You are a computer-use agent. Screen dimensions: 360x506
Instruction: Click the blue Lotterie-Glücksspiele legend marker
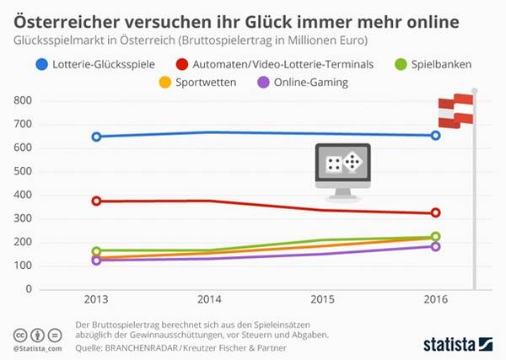pyautogui.click(x=41, y=63)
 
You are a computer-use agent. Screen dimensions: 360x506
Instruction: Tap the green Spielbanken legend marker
pyautogui.click(x=402, y=63)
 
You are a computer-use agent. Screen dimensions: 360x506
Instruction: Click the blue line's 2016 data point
pyautogui.click(x=435, y=135)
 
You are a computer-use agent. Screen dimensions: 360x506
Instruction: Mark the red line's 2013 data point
pyautogui.click(x=96, y=201)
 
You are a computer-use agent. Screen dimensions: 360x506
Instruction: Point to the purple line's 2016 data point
pyautogui.click(x=435, y=246)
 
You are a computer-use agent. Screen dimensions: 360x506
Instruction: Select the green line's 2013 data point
pyautogui.click(x=96, y=250)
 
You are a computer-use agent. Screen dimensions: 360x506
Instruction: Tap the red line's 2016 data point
pyautogui.click(x=435, y=213)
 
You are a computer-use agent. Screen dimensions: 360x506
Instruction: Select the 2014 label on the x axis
pyautogui.click(x=209, y=301)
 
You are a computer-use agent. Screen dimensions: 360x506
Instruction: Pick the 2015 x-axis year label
pyautogui.click(x=322, y=301)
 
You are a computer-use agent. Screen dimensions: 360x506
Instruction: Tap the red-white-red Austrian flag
pyautogui.click(x=455, y=110)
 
